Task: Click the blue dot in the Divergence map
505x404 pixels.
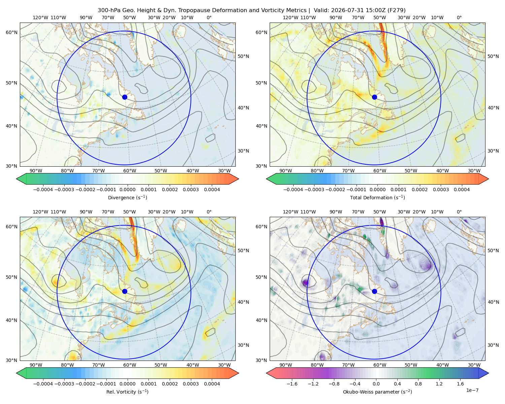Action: coord(125,97)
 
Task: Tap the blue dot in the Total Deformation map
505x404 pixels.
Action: coord(374,97)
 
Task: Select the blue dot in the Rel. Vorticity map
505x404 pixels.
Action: coord(125,291)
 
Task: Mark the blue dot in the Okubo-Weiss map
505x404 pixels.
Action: coord(374,291)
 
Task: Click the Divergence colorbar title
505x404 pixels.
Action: coord(127,197)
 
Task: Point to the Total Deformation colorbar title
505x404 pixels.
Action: coord(377,197)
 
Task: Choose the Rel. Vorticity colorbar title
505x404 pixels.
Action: coord(127,392)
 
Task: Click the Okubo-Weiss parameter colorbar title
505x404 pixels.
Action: coord(377,392)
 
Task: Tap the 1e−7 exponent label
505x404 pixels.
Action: coord(472,390)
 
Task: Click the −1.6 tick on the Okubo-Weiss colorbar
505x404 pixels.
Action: coord(292,383)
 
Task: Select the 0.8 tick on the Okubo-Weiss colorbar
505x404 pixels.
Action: coord(418,383)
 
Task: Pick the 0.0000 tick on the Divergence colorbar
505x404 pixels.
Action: coord(127,190)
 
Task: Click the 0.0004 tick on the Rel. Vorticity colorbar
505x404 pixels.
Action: coord(212,383)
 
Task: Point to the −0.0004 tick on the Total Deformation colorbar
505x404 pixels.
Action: coord(293,190)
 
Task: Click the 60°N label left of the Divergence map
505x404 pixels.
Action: coord(11,32)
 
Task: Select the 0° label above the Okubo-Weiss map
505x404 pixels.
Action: coord(459,211)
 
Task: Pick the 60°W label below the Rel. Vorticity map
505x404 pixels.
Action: coord(130,365)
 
